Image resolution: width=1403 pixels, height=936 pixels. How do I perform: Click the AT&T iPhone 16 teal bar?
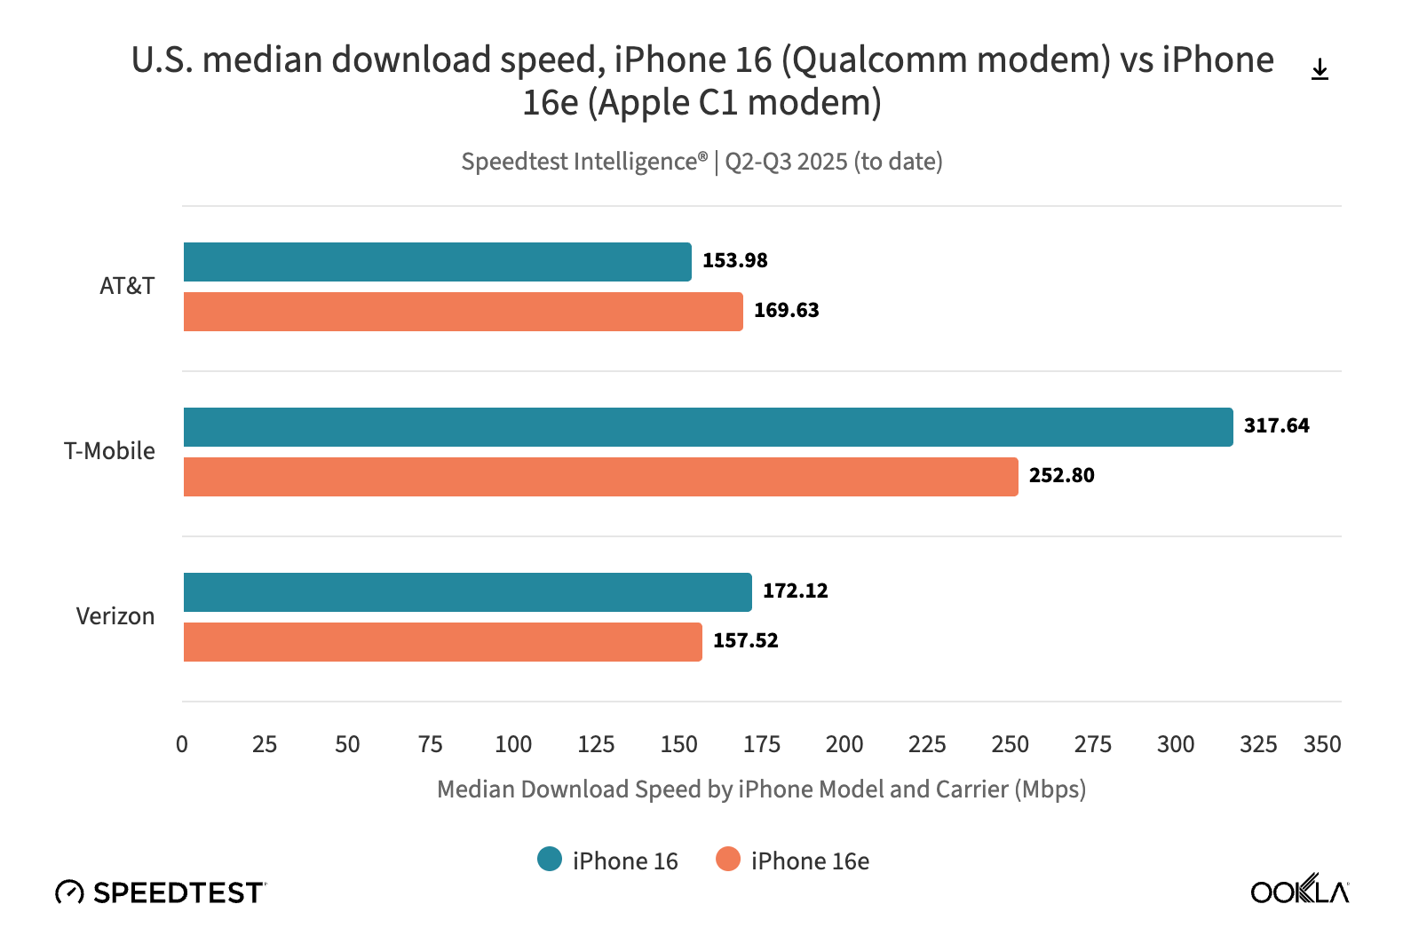[x=437, y=262]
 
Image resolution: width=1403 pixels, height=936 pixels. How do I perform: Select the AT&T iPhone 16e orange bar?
[x=463, y=312]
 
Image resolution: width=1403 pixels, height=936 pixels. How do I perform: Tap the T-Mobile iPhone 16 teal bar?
[x=708, y=427]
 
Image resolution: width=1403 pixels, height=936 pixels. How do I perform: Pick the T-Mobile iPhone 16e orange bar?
[x=600, y=477]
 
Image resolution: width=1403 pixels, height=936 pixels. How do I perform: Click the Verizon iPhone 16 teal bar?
[x=467, y=592]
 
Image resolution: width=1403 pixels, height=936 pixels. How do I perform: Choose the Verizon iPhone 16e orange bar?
[x=442, y=642]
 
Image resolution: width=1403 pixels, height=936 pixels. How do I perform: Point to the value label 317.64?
[x=1276, y=426]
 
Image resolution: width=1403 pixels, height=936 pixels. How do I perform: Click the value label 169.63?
[x=786, y=311]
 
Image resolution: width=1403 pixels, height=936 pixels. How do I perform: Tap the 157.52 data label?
[x=745, y=641]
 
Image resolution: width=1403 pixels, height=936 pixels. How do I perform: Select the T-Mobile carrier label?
[x=109, y=451]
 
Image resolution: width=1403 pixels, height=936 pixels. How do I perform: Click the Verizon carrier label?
[x=115, y=616]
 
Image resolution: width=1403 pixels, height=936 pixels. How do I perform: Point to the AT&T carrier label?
[x=127, y=286]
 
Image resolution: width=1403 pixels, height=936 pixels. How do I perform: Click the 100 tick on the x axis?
[x=513, y=744]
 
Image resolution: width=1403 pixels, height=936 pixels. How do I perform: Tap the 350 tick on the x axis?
[x=1322, y=744]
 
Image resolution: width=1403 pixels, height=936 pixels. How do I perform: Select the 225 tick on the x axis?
[x=927, y=744]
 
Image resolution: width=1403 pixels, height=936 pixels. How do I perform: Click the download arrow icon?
[x=1320, y=69]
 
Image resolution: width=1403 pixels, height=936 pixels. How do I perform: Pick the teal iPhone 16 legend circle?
[x=550, y=860]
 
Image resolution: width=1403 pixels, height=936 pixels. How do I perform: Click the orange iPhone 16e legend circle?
[x=728, y=860]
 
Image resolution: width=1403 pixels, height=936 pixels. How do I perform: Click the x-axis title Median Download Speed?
[x=761, y=789]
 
